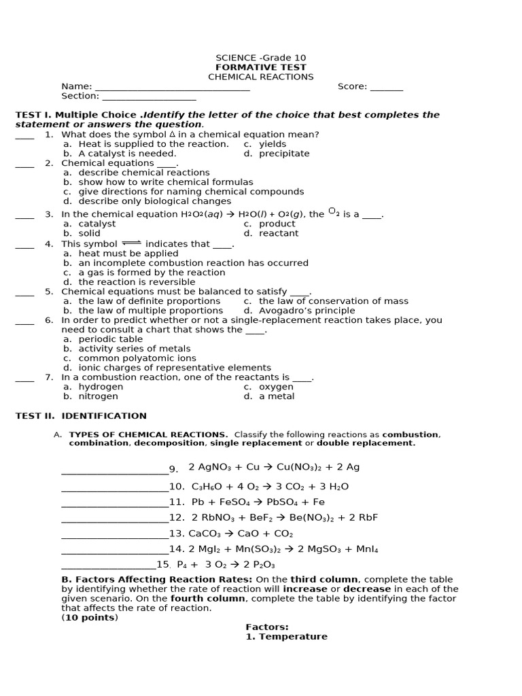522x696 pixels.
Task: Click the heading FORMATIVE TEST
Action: pyautogui.click(x=260, y=67)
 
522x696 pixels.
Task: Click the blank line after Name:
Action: pyautogui.click(x=172, y=88)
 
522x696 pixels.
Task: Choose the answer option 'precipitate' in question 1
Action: pyautogui.click(x=283, y=154)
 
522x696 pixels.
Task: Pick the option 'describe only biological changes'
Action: pyautogui.click(x=154, y=201)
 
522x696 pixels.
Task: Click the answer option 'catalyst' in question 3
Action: pyautogui.click(x=97, y=224)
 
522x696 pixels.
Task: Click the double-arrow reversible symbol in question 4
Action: pyautogui.click(x=131, y=243)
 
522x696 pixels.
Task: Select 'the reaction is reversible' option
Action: pyautogui.click(x=137, y=282)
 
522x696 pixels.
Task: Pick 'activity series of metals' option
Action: pyautogui.click(x=135, y=349)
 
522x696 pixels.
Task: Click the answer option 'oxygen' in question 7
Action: pyautogui.click(x=276, y=387)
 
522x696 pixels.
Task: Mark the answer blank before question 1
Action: pyautogui.click(x=24, y=135)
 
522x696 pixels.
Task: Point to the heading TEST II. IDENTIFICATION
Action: pyautogui.click(x=81, y=416)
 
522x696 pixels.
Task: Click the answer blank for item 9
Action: pyautogui.click(x=114, y=470)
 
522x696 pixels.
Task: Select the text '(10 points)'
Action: pyautogui.click(x=90, y=618)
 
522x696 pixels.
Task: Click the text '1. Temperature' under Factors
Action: pyautogui.click(x=286, y=637)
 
